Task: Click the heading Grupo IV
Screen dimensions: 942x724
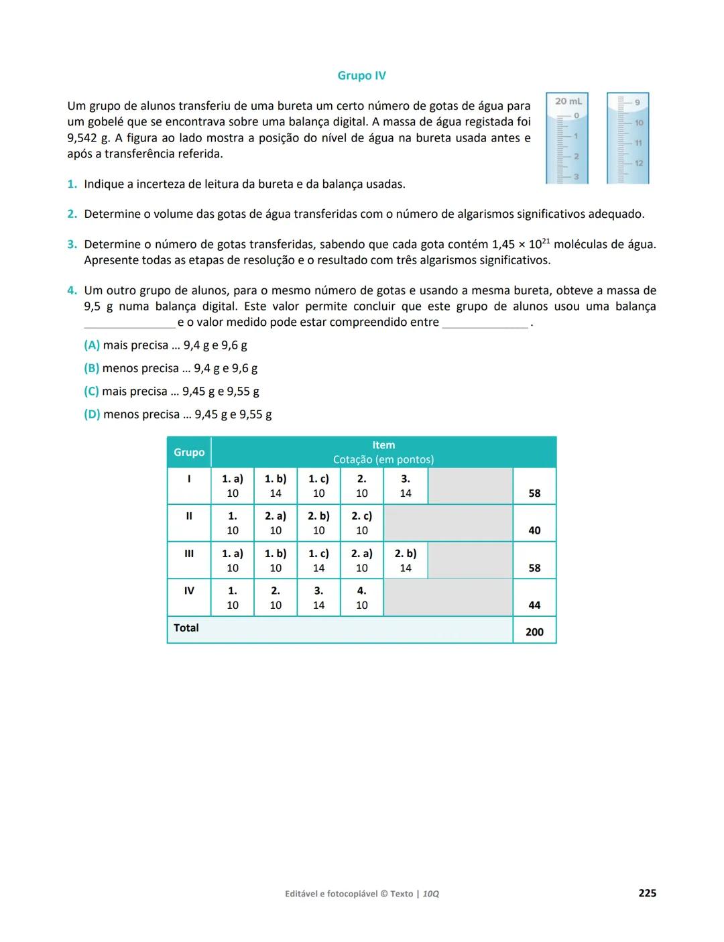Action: pyautogui.click(x=361, y=76)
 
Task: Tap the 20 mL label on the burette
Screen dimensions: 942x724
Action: pyautogui.click(x=568, y=101)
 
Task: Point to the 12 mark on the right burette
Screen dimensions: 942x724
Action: pyautogui.click(x=638, y=163)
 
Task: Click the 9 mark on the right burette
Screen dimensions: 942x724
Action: pyautogui.click(x=637, y=103)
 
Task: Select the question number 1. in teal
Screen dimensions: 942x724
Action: pyautogui.click(x=72, y=184)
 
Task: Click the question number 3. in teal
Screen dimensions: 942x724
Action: pyautogui.click(x=72, y=245)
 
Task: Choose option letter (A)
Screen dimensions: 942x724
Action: pyautogui.click(x=92, y=345)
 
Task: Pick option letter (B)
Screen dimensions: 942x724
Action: pyautogui.click(x=91, y=368)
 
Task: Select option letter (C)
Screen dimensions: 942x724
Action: pyautogui.click(x=91, y=392)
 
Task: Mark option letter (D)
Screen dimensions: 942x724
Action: pyautogui.click(x=92, y=414)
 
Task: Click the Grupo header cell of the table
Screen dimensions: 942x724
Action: pyautogui.click(x=189, y=453)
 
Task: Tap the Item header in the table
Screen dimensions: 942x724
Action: pyautogui.click(x=383, y=445)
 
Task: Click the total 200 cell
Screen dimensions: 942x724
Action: pyautogui.click(x=534, y=632)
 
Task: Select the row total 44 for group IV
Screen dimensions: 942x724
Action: pyautogui.click(x=534, y=605)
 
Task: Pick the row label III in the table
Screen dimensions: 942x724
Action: pyautogui.click(x=189, y=554)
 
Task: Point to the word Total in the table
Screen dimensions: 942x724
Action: pyautogui.click(x=186, y=628)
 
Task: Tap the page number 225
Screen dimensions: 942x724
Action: pyautogui.click(x=647, y=893)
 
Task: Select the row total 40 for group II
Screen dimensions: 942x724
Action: pyautogui.click(x=534, y=530)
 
